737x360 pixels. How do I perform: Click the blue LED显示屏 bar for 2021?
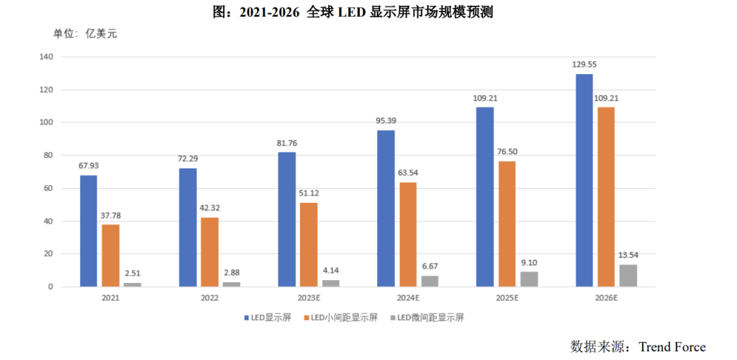coord(89,231)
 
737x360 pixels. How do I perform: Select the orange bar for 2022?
coord(209,252)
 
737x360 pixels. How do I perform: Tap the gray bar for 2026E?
coord(628,276)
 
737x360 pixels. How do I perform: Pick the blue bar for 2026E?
coord(584,180)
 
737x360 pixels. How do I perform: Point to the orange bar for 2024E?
coord(407,234)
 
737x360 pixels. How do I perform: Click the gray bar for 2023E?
coord(330,283)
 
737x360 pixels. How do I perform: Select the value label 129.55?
coord(584,64)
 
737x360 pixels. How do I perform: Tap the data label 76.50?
coord(507,151)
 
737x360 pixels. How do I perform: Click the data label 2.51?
coord(132,272)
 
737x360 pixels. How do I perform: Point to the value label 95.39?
coord(386,120)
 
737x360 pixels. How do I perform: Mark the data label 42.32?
coord(209,207)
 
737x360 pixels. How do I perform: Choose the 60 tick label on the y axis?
coord(48,189)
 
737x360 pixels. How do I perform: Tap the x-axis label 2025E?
coord(507,297)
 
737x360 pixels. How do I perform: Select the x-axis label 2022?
coord(209,297)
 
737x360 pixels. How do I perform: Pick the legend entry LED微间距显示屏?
coord(427,317)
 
